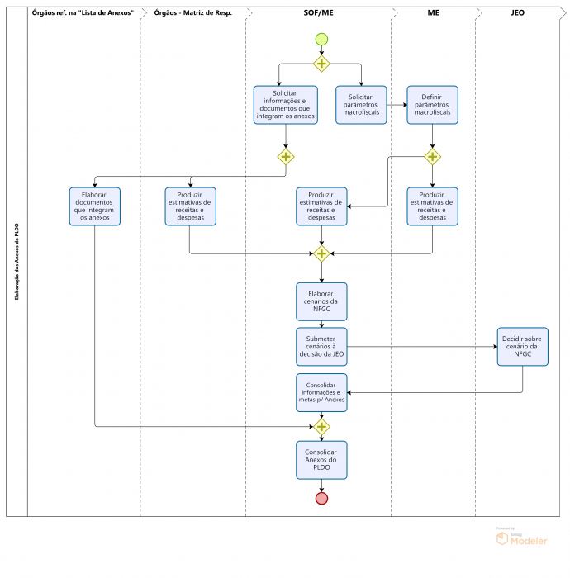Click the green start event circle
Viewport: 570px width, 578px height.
pos(321,39)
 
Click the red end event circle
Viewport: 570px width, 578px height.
pos(321,499)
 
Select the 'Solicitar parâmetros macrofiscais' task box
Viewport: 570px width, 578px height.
pos(361,105)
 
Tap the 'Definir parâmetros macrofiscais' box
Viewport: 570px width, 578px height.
pos(433,105)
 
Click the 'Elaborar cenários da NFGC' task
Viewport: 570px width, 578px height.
pos(321,301)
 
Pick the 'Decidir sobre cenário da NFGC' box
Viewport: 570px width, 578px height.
pos(522,347)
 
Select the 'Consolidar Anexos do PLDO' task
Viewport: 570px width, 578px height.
pos(321,460)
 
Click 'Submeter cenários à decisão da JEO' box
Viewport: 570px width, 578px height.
pos(321,347)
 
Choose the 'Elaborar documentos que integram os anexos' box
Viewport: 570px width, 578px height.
pos(95,206)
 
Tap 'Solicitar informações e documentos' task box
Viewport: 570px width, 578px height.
pos(286,105)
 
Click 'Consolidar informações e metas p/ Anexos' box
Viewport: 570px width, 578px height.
pos(321,392)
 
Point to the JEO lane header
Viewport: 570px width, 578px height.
pos(517,13)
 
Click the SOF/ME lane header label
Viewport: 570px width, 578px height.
pos(319,13)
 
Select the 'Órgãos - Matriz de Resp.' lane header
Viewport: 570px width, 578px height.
pos(192,13)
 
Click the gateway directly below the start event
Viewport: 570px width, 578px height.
pos(321,64)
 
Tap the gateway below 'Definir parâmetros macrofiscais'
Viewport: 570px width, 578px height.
pos(433,157)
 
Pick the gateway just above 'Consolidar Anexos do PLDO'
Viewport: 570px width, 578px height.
pos(321,427)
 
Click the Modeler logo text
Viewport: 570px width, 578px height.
pos(529,541)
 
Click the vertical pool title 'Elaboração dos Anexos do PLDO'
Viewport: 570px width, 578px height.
pos(17,262)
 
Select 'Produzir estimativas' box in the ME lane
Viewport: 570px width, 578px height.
pos(433,206)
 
